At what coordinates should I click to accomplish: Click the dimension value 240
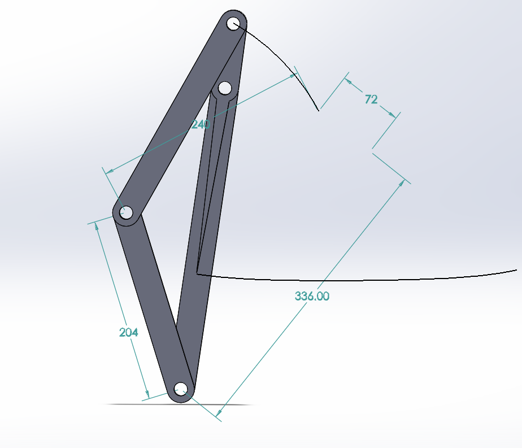click(201, 124)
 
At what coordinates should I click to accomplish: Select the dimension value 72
click(371, 99)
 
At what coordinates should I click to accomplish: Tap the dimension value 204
click(129, 333)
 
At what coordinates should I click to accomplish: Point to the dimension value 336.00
click(312, 296)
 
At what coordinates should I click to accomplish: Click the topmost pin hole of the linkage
click(233, 23)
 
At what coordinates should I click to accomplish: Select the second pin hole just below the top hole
click(225, 88)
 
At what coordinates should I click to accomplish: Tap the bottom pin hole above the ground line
click(181, 388)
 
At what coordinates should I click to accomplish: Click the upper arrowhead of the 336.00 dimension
click(403, 183)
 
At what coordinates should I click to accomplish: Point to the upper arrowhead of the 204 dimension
click(97, 225)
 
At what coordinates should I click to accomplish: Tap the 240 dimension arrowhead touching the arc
click(292, 76)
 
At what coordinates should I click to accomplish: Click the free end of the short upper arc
click(319, 110)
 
